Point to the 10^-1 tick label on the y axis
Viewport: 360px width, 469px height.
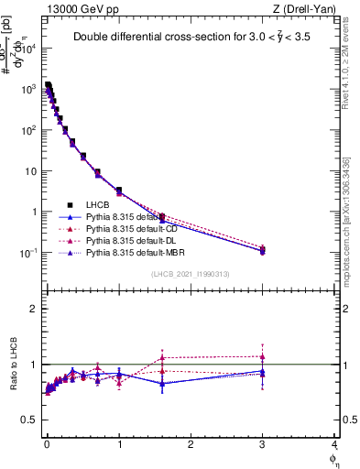pyautogui.click(x=29, y=253)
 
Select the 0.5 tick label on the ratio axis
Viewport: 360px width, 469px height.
pyautogui.click(x=29, y=420)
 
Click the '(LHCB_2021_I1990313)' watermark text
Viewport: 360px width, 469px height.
pyautogui.click(x=191, y=275)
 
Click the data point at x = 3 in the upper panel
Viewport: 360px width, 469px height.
pyautogui.click(x=262, y=249)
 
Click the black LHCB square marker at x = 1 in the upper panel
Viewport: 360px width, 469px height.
pyautogui.click(x=119, y=191)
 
